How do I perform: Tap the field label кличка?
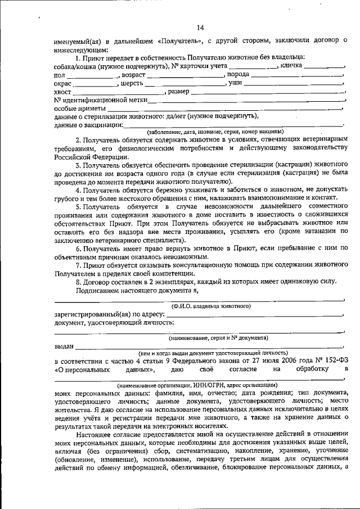tap(291, 66)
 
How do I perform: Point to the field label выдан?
tap(64, 347)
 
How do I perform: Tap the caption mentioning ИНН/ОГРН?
tap(197, 385)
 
